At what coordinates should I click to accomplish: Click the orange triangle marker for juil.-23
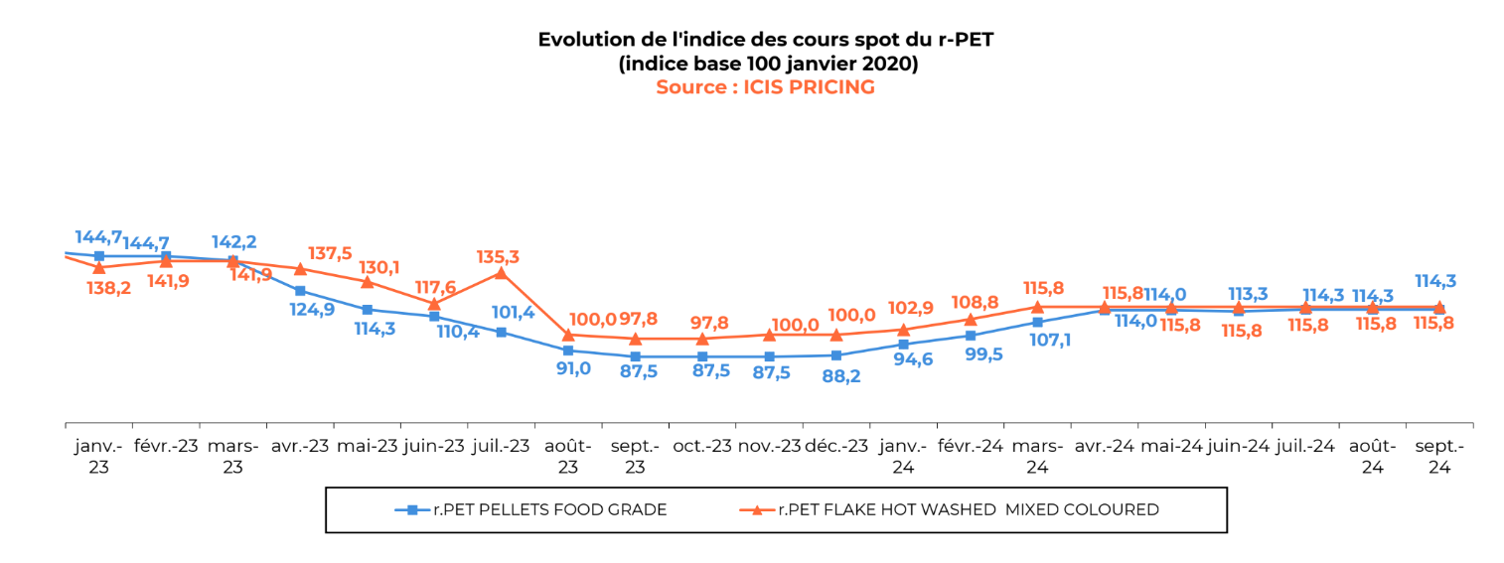501,272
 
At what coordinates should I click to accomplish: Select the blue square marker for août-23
568,351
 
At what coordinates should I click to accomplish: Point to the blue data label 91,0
571,368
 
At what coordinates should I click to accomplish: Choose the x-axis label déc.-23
836,446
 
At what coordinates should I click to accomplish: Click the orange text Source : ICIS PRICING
765,87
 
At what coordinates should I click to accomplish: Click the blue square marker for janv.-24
903,344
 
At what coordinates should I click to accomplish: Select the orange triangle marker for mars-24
1037,307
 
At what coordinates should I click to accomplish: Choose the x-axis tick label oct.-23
702,446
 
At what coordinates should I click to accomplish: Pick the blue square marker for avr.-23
300,291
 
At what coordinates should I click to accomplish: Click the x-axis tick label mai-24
1171,446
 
